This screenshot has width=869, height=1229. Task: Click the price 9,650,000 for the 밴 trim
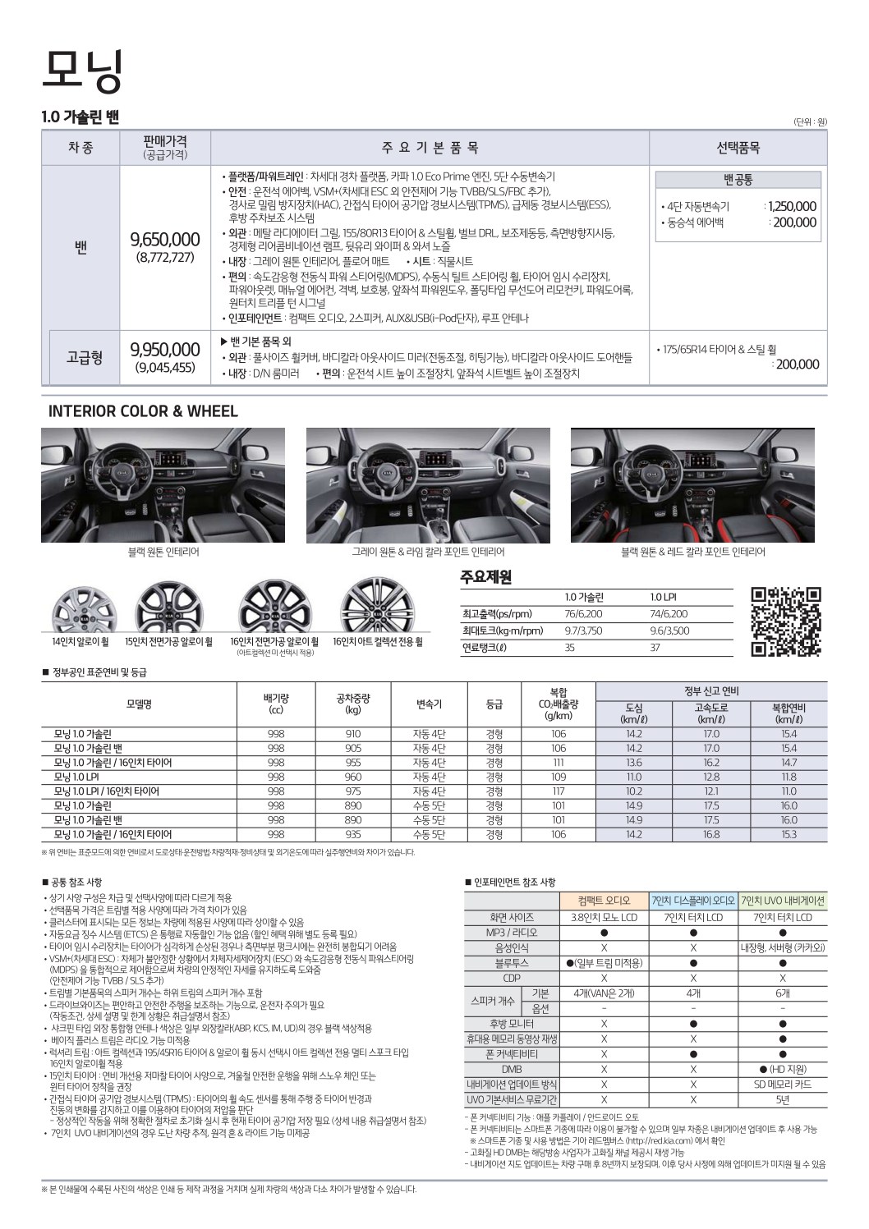(x=165, y=239)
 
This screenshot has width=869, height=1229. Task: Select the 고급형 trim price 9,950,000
(x=165, y=350)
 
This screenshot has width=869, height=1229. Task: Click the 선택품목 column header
(x=738, y=148)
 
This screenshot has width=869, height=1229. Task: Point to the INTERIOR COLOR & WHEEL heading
(x=143, y=411)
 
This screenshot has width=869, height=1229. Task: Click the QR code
(x=786, y=621)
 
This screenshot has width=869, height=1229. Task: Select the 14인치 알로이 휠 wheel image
(x=80, y=610)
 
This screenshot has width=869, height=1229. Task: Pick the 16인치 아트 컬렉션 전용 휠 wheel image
(x=377, y=607)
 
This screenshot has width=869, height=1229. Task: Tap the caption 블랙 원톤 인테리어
(x=163, y=553)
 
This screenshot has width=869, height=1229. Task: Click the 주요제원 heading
(x=486, y=577)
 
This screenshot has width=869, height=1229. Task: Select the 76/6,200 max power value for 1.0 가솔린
(x=584, y=614)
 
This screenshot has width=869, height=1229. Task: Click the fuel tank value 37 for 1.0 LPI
(x=655, y=648)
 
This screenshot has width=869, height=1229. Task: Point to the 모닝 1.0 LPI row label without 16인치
(x=76, y=777)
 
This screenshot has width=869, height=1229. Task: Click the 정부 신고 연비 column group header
(x=711, y=690)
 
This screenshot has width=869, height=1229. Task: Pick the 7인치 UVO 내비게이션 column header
(x=782, y=901)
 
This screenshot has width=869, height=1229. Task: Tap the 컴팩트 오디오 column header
(x=604, y=901)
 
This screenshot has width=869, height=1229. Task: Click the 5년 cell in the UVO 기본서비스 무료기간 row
(x=782, y=1099)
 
